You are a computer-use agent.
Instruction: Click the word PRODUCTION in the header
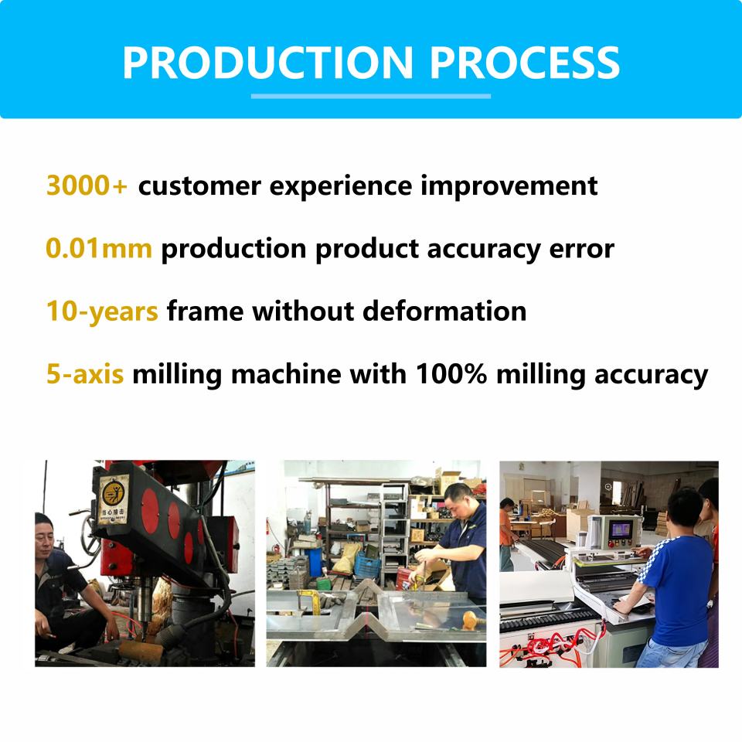[268, 62]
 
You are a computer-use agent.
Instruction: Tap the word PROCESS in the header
[524, 62]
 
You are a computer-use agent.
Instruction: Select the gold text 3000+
[87, 185]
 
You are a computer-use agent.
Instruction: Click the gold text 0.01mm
[99, 248]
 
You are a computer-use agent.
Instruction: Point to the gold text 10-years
[102, 312]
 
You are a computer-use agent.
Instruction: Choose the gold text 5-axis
[85, 374]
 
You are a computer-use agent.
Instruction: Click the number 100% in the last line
[451, 374]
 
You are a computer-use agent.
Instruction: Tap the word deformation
[444, 311]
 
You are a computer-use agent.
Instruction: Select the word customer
[199, 186]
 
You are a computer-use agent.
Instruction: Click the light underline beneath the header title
[370, 96]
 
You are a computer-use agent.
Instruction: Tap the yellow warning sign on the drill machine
[114, 500]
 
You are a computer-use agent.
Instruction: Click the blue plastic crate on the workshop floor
[367, 566]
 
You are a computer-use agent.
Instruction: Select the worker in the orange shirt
[506, 534]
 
